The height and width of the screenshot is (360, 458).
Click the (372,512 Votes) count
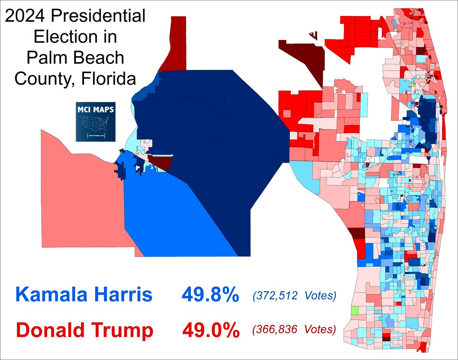(x=294, y=295)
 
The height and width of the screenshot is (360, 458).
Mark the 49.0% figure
(x=210, y=330)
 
